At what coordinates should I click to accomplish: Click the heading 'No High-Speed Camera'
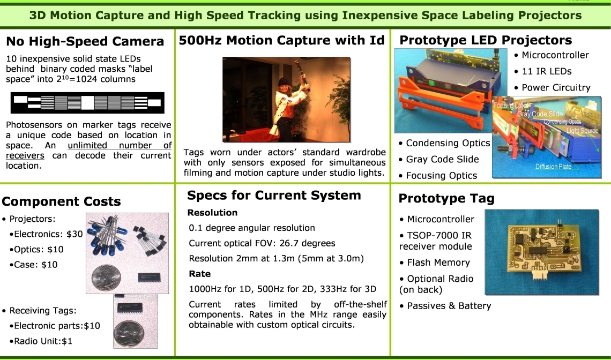(85, 41)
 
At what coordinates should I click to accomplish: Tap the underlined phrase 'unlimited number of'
(120, 145)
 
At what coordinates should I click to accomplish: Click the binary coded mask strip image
(87, 103)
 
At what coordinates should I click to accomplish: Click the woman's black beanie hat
(284, 82)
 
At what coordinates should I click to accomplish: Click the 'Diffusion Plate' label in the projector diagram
(553, 167)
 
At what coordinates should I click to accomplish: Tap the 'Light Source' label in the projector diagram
(582, 131)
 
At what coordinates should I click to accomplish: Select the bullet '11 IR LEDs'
(546, 71)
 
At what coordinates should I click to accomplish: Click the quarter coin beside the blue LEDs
(106, 277)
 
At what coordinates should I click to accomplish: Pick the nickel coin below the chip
(129, 334)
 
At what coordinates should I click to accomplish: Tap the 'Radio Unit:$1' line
(43, 341)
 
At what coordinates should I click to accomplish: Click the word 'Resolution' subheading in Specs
(212, 213)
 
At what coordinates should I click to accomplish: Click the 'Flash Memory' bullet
(438, 262)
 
